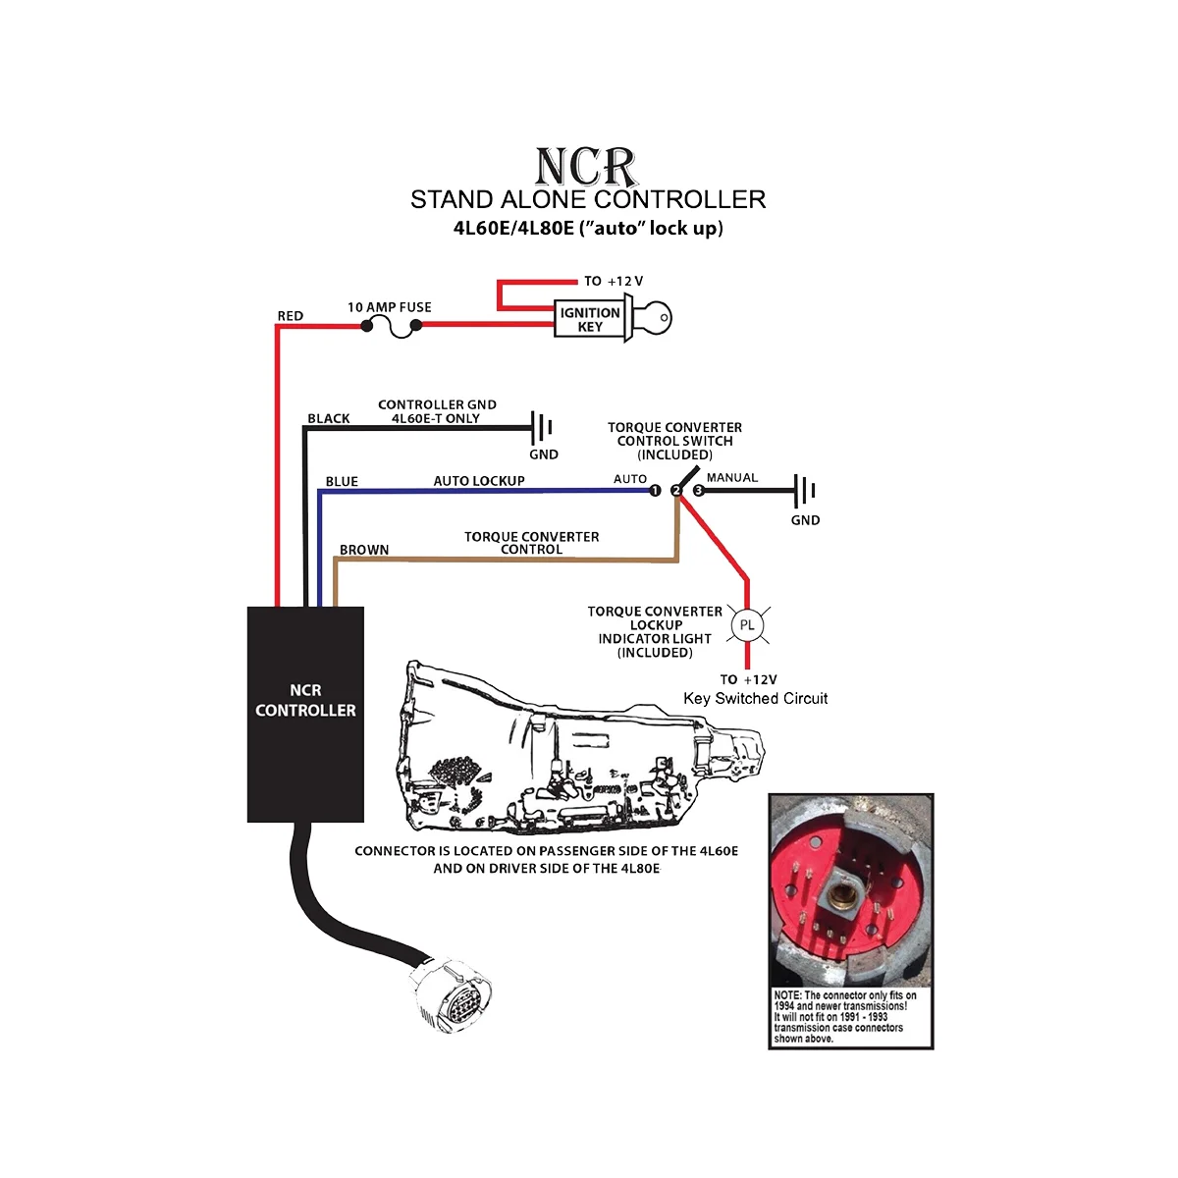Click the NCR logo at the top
586,167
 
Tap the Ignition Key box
589,319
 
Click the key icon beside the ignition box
651,317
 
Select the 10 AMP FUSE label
389,307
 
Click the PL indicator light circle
747,625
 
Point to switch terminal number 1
655,491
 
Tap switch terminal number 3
698,490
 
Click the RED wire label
291,316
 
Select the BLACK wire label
328,418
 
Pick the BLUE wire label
342,481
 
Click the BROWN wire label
364,550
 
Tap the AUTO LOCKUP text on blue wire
479,481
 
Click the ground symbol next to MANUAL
806,489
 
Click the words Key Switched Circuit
755,699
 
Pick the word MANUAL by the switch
732,478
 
